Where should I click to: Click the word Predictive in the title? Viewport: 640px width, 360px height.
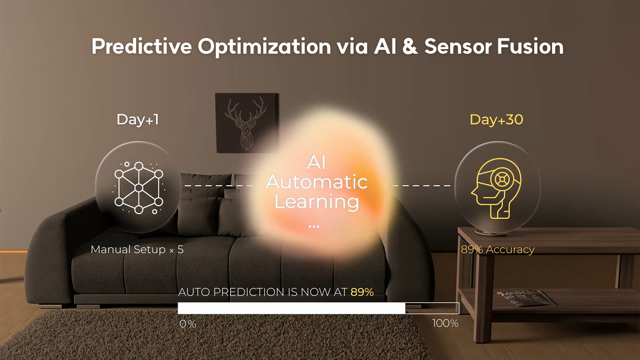click(x=142, y=46)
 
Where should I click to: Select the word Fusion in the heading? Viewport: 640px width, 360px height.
click(x=530, y=46)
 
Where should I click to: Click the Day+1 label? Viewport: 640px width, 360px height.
click(x=138, y=119)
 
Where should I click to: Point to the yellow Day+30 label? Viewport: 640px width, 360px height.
click(x=497, y=119)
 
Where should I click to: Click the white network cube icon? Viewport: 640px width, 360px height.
click(x=139, y=188)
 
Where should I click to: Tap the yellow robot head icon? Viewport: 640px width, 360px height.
click(x=496, y=189)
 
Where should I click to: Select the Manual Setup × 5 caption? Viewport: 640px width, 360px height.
click(x=137, y=250)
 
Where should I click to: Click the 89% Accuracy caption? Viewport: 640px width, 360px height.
click(x=498, y=250)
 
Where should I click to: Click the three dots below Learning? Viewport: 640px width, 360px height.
click(x=314, y=226)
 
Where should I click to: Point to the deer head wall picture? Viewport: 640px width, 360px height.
click(x=247, y=123)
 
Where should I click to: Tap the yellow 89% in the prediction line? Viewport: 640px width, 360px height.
click(x=362, y=292)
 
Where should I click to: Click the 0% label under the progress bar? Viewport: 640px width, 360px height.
click(x=188, y=324)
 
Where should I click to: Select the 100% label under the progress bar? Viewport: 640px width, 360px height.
click(x=445, y=323)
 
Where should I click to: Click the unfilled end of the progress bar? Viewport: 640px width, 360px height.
click(x=432, y=308)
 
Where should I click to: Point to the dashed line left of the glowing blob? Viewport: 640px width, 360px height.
click(x=220, y=186)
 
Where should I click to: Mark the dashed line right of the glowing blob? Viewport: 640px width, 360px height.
click(x=423, y=186)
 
